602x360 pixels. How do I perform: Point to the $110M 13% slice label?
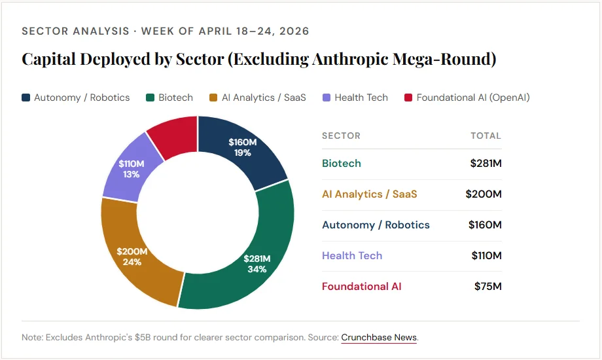(x=131, y=168)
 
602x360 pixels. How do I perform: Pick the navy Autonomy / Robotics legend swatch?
(x=26, y=98)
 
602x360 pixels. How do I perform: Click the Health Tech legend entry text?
(x=361, y=98)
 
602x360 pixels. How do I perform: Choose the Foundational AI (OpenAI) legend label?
(x=472, y=98)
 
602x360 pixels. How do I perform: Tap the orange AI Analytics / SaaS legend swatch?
(x=213, y=98)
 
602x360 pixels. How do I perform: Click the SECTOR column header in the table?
(x=341, y=135)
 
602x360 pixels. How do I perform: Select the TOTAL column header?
(x=486, y=135)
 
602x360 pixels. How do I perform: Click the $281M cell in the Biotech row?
(x=486, y=163)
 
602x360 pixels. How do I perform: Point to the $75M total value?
(x=487, y=286)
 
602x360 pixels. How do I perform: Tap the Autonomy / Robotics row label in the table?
(x=376, y=225)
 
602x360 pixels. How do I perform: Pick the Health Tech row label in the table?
(x=352, y=255)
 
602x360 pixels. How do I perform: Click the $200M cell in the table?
(x=484, y=194)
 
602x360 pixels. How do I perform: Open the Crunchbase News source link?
(x=379, y=337)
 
